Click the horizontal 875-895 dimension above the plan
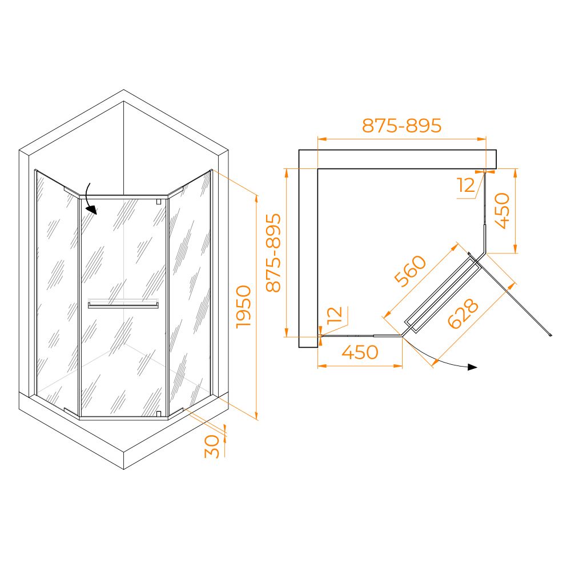[401, 125]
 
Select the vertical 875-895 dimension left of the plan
[274, 253]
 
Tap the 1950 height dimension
[244, 307]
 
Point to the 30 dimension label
[212, 447]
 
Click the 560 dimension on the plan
[411, 271]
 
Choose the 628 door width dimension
[463, 313]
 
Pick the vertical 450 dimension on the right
[503, 211]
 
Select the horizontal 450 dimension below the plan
[360, 352]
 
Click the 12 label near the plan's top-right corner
[467, 185]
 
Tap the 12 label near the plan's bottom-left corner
[335, 315]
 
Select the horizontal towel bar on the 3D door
[123, 304]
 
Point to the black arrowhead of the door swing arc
[472, 367]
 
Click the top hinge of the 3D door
[158, 202]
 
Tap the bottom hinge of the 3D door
[158, 413]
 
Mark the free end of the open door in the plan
[550, 335]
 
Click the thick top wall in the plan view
[397, 159]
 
